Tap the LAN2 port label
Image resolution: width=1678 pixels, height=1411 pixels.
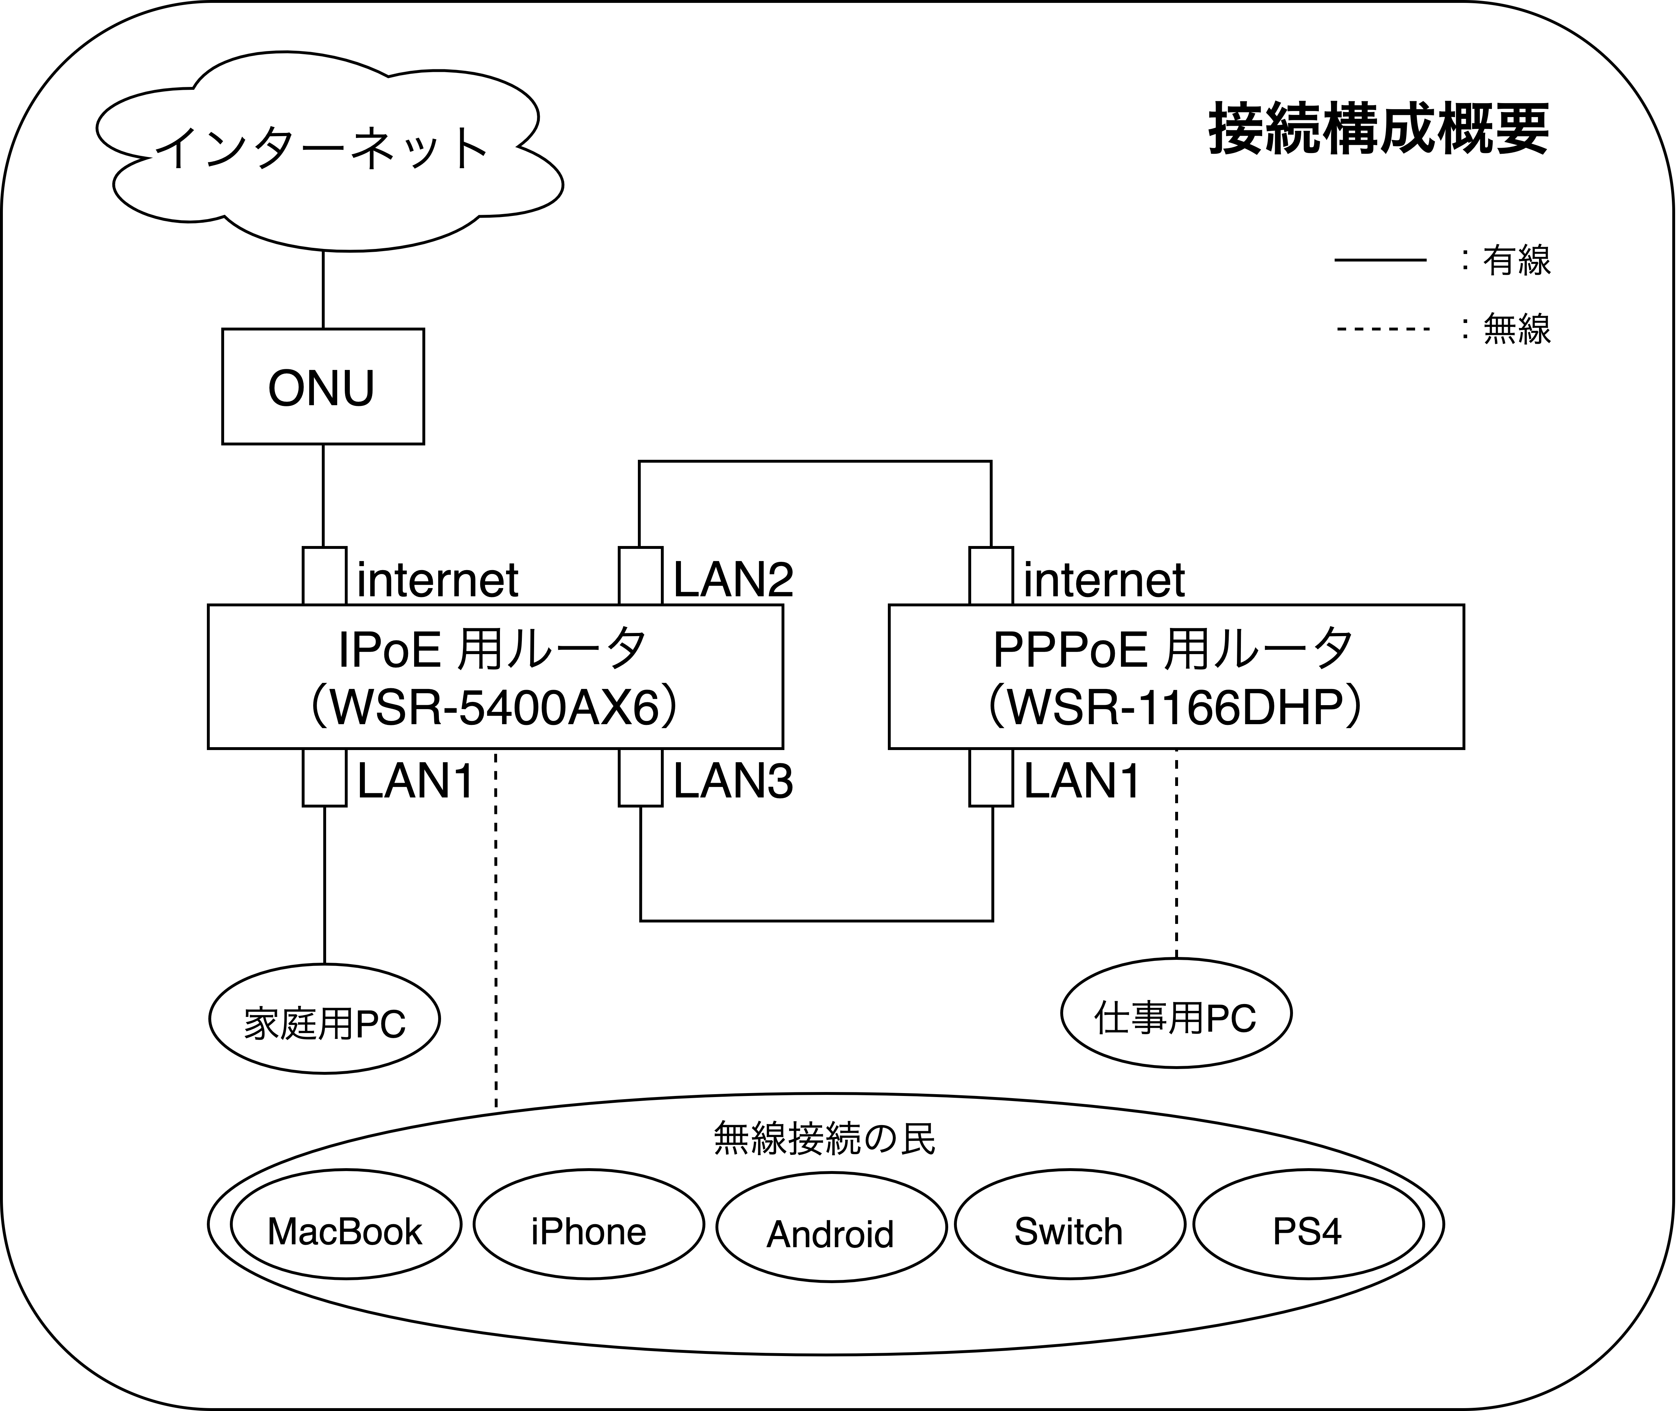(x=733, y=579)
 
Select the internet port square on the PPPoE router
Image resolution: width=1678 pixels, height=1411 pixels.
(x=991, y=576)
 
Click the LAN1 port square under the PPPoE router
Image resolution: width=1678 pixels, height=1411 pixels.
(x=991, y=777)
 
